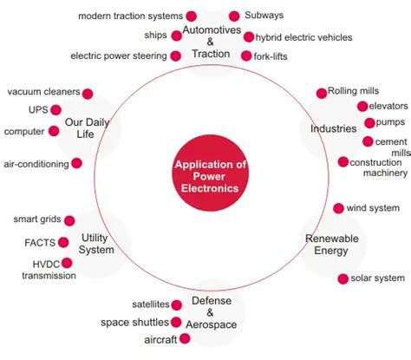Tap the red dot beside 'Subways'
click(233, 16)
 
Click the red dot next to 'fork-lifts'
click(245, 56)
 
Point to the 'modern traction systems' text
click(130, 16)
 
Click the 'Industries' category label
click(334, 128)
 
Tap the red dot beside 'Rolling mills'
click(321, 92)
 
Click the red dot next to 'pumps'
click(369, 123)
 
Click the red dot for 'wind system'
click(338, 208)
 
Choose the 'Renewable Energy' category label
click(326, 245)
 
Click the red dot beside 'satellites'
click(177, 304)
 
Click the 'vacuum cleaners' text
click(44, 92)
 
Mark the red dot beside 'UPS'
click(55, 109)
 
